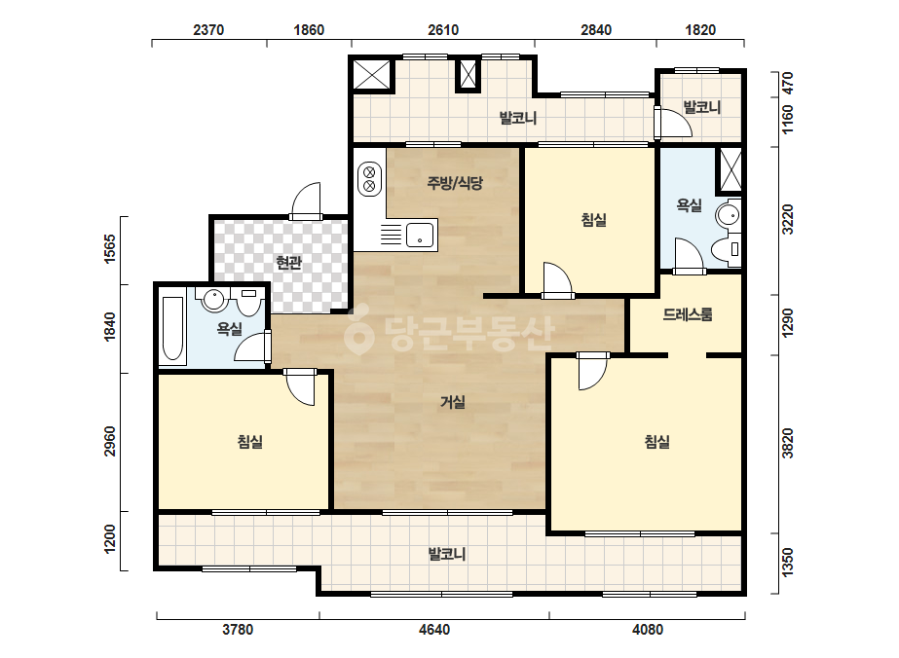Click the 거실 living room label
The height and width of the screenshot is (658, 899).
pos(452,402)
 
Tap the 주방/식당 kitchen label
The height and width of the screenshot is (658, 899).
pos(455,183)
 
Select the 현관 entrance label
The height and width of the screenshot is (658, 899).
pos(288,263)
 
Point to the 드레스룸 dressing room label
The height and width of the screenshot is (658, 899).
pos(688,314)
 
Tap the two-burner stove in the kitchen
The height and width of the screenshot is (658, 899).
pos(369,179)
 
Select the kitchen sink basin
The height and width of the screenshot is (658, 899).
pos(420,235)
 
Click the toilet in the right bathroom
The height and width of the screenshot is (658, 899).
pos(726,249)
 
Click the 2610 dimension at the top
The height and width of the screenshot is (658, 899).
pos(443,30)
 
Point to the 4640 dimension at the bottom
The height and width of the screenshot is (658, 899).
pos(434,630)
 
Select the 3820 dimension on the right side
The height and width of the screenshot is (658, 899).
pos(788,443)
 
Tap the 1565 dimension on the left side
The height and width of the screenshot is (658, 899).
pos(109,249)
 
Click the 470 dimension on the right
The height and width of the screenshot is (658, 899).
pos(788,83)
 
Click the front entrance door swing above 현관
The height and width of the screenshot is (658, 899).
pos(306,201)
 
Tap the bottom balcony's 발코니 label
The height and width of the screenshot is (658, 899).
pos(447,554)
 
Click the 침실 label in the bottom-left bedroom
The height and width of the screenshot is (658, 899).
pos(250,442)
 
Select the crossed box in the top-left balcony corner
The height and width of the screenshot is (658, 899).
pos(371,75)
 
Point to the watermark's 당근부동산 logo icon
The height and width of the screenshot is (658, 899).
pos(358,330)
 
